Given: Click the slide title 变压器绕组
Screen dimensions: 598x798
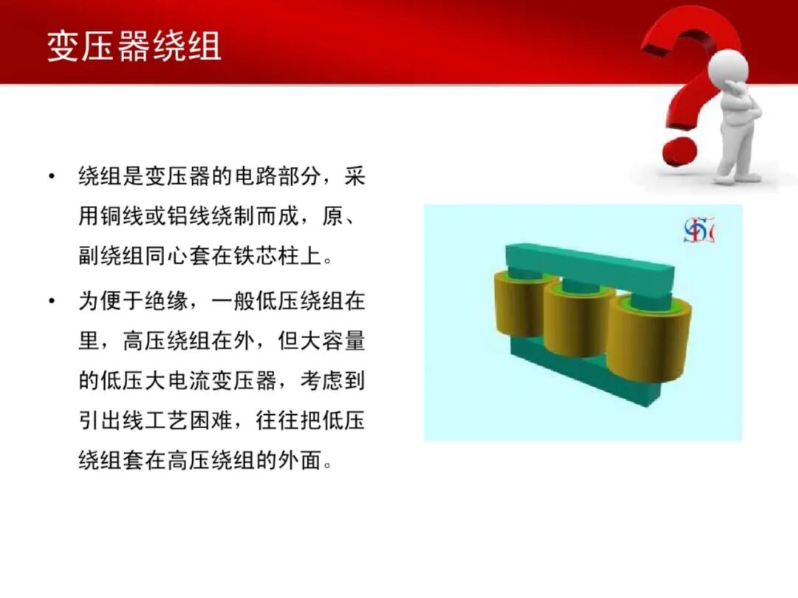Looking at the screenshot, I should pyautogui.click(x=134, y=46).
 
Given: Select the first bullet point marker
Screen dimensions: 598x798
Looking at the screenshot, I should pyautogui.click(x=51, y=176).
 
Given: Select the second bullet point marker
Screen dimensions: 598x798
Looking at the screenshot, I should pyautogui.click(x=51, y=301).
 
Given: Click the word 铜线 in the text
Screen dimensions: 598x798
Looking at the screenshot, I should pyautogui.click(x=121, y=218).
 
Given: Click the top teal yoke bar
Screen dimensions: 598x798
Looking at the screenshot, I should pyautogui.click(x=591, y=267).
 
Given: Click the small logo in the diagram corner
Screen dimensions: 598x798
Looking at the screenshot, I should pyautogui.click(x=698, y=231).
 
